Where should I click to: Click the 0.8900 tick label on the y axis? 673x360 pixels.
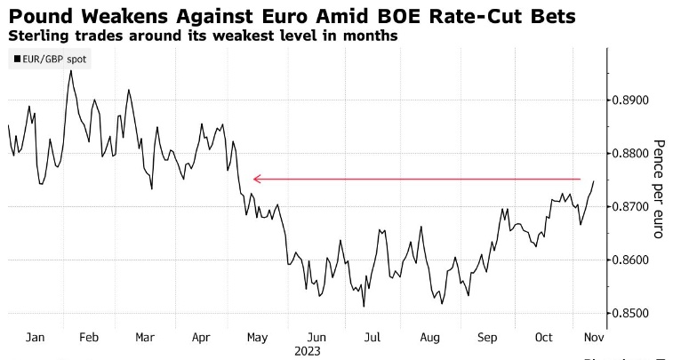[632, 100]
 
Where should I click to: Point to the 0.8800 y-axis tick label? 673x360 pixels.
[632, 154]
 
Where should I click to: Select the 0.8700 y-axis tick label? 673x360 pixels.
[632, 207]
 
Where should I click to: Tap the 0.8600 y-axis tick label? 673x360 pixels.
[632, 260]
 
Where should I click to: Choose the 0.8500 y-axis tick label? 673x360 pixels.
[632, 314]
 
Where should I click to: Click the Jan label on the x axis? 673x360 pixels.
[36, 338]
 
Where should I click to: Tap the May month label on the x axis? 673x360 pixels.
[257, 338]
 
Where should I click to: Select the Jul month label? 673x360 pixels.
[373, 338]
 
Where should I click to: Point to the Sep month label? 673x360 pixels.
[486, 338]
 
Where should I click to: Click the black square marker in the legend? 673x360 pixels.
[16, 59]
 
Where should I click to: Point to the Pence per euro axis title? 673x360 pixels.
[659, 181]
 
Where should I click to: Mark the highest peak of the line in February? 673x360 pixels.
[70, 69]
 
